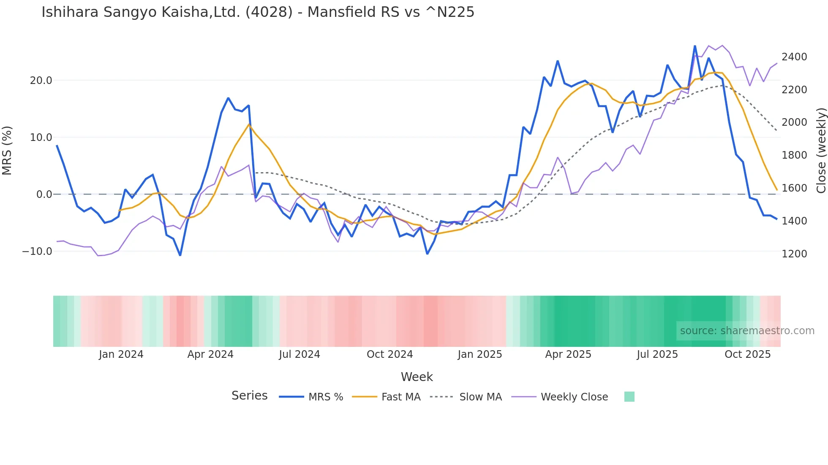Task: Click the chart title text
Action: pos(258,12)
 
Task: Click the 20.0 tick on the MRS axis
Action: pos(41,81)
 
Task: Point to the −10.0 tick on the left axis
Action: pos(37,251)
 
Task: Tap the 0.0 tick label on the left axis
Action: pos(44,195)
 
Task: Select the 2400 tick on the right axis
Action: pos(794,57)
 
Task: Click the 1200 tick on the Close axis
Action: pos(794,254)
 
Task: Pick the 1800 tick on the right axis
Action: pos(794,155)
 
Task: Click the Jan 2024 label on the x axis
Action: pos(121,354)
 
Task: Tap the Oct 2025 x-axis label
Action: pos(747,354)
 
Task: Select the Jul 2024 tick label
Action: pos(300,354)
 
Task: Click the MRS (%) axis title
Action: pos(7,150)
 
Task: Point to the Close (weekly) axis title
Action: pos(821,150)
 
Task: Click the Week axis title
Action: pos(417,377)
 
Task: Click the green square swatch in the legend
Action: pos(629,397)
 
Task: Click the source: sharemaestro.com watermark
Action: pos(747,331)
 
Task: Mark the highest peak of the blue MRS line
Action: pos(695,46)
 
